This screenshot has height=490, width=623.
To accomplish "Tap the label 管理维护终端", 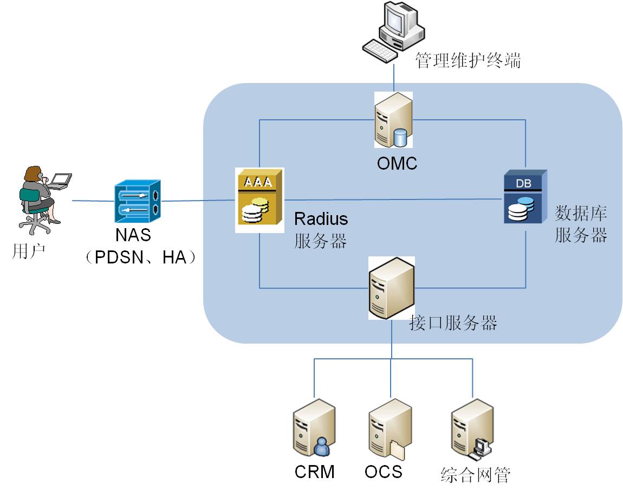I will pos(468,60).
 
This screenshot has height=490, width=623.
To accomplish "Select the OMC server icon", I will pos(393,119).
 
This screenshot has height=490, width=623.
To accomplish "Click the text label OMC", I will pos(397,163).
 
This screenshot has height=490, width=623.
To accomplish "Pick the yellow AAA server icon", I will pos(259,200).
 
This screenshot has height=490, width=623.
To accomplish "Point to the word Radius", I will pos(321,219).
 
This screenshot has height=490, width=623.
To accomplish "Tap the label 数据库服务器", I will pos(581,224).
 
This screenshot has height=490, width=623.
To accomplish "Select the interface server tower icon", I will pos(391,288).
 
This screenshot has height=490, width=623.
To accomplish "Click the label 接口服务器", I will pos(453,324).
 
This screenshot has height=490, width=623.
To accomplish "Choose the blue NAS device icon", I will pos(138,202).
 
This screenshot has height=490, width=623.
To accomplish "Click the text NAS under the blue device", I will pos(133,236).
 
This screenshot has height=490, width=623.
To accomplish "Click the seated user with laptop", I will pos(42,198).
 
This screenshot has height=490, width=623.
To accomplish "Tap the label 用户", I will pos(28,252).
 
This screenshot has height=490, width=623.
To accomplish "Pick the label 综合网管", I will pos(475,475).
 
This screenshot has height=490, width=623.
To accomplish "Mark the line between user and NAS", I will pos(92,201).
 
